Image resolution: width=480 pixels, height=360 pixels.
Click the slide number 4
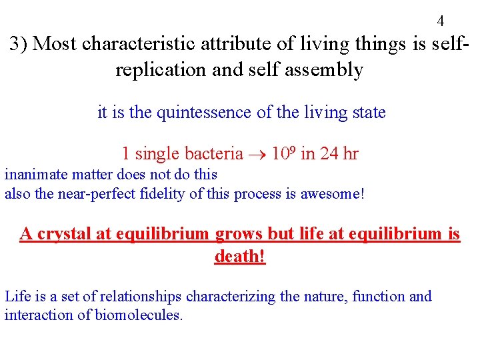tap(441, 21)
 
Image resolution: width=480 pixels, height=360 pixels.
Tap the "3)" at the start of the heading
tap(18, 44)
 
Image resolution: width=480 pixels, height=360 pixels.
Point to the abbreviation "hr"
tap(351, 154)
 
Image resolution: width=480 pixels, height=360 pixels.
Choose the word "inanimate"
tap(33, 175)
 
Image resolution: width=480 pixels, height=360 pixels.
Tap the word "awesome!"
tap(333, 195)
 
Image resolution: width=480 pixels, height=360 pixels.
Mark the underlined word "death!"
tap(240, 257)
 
